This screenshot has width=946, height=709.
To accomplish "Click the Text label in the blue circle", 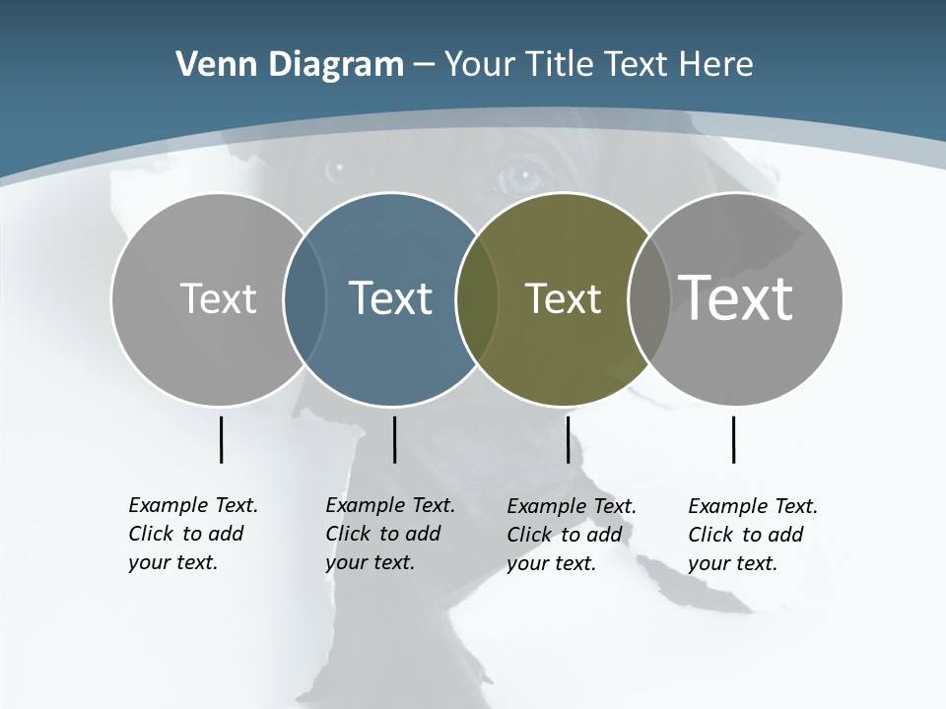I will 391,298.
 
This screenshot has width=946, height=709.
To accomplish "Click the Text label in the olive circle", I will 563,298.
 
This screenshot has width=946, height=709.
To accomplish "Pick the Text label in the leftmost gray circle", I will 218,298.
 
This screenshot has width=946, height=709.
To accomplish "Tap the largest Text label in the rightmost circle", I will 735,297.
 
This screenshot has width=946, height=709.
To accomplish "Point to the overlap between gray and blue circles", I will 304,299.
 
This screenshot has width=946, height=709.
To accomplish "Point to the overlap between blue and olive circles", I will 477,299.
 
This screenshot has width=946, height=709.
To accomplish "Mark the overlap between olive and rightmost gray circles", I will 648,299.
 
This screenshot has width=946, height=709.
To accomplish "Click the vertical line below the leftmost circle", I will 222,439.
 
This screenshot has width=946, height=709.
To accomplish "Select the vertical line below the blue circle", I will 394,439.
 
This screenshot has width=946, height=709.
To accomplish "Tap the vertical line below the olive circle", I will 568,439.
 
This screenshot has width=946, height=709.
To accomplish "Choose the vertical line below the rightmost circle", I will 734,439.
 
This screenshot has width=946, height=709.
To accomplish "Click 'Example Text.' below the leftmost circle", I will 193,505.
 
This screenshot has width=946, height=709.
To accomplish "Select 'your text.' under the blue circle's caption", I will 370,562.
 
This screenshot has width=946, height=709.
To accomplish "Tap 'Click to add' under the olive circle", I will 565,535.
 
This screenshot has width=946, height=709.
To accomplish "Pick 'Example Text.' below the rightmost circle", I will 753,506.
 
